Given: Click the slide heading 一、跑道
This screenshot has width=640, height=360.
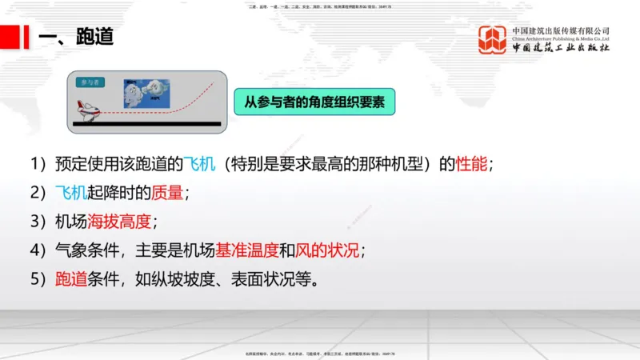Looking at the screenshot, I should (x=75, y=37).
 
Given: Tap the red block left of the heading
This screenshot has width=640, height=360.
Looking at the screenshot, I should (x=10, y=37).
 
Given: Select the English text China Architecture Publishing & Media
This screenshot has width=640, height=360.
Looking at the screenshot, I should (x=561, y=38).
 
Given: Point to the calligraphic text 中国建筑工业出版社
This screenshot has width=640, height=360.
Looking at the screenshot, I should (x=561, y=49).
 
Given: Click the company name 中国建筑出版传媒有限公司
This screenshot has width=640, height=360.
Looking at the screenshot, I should (x=561, y=30).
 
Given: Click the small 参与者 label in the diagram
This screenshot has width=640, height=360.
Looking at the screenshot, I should (x=89, y=82).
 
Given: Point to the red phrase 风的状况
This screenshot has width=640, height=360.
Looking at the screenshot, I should (x=328, y=250).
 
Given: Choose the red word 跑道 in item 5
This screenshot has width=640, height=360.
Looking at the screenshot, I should (x=71, y=279).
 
